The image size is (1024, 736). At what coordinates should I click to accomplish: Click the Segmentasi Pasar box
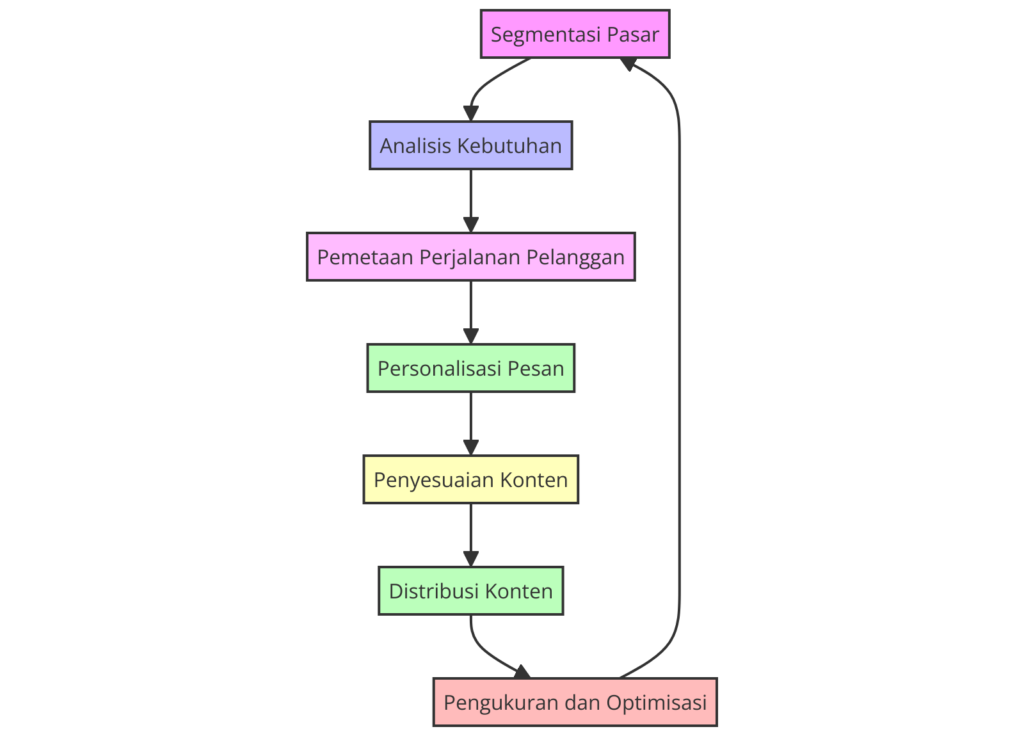coord(575,34)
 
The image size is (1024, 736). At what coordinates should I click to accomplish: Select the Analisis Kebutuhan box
coord(470,146)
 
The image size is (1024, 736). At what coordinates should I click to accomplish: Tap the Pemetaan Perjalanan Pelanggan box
coord(470,257)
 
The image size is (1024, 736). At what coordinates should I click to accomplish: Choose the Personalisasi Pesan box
coord(470,368)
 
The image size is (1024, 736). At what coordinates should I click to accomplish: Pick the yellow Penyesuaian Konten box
coord(470,479)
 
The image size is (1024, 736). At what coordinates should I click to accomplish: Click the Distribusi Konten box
coord(470,591)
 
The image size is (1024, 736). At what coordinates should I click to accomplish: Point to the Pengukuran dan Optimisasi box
coord(575,702)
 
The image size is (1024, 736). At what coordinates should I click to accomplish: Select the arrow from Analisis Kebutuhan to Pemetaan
coord(470,200)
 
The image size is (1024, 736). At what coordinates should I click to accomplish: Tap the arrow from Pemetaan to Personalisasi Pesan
coord(470,311)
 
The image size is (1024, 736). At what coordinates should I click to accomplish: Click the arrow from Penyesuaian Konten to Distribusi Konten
coord(470,534)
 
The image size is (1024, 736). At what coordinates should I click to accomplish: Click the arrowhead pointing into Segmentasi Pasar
coord(628,63)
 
